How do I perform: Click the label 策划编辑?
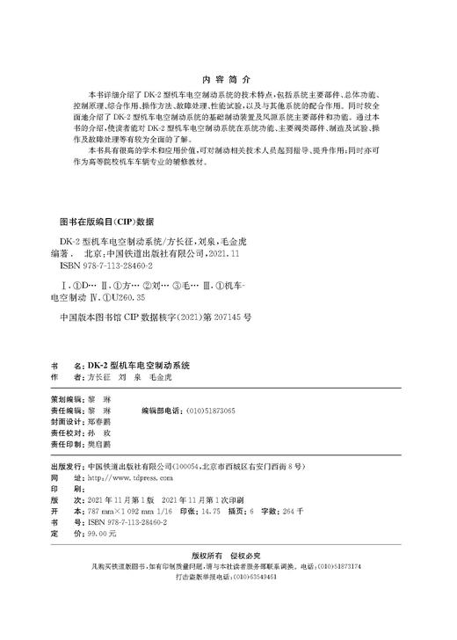pos(69,397)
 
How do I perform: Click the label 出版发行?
pos(69,466)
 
